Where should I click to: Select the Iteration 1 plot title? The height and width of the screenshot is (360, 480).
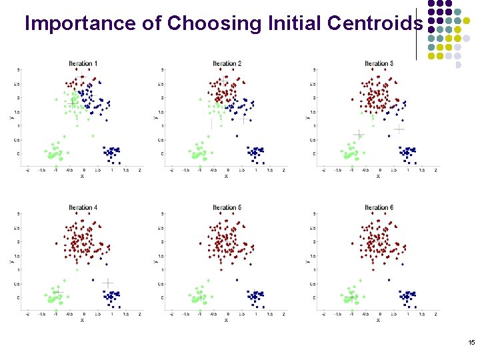point(83,63)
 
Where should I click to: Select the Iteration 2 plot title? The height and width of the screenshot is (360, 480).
point(227,63)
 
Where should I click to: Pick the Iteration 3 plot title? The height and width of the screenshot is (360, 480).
point(379,63)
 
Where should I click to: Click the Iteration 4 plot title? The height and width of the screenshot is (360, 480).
point(83,207)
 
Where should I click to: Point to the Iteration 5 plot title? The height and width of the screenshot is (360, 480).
point(227,207)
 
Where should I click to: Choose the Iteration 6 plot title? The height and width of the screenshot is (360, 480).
point(379,207)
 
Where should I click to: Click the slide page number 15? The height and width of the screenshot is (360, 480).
point(471,343)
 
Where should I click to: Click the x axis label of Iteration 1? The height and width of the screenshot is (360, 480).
point(82,177)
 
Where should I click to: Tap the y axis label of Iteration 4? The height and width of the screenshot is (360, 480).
point(11,261)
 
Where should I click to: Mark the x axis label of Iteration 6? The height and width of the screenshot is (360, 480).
point(378,320)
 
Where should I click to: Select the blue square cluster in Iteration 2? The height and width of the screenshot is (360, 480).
point(255,153)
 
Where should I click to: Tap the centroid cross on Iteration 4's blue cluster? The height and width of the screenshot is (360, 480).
point(107,283)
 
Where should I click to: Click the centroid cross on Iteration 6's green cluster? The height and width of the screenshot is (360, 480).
point(351,296)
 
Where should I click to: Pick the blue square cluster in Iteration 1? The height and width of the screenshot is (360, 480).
point(111,153)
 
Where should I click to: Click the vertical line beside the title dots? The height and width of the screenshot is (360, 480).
point(416,33)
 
